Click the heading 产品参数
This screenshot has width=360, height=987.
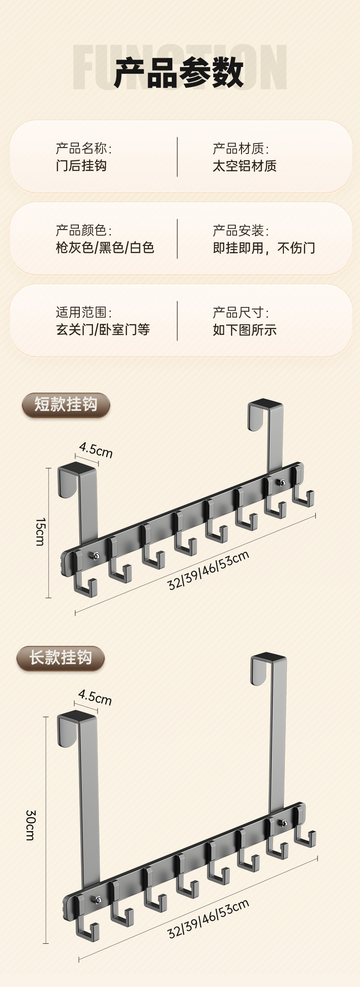179,73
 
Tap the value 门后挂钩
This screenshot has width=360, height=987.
81,165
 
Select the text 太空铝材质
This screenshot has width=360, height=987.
244,165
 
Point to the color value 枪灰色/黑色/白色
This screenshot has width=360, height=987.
105,247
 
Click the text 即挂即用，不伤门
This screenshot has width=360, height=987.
264,247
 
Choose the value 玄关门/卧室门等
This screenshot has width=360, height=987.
103,329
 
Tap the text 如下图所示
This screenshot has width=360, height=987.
244,329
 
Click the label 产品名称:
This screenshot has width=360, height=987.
83,148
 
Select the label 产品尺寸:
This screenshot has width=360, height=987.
241,312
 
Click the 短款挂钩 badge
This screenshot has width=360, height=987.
66,404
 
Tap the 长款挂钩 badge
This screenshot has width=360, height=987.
61,658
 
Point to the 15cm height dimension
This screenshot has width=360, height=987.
41,532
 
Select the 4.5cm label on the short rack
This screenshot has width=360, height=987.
96,450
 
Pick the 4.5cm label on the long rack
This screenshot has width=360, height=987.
95,697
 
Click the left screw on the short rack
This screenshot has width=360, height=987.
95,556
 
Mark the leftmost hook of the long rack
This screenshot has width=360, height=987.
87,920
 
